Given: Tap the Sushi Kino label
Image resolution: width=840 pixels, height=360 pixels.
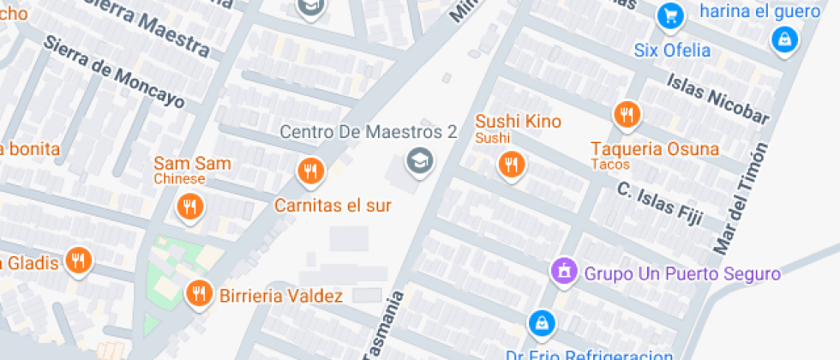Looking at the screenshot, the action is point(518,121).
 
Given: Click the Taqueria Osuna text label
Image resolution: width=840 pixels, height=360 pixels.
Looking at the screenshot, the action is point(655,148).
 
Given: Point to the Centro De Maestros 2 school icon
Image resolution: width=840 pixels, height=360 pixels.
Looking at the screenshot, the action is point(419,159).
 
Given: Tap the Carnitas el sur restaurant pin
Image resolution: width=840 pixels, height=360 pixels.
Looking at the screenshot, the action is point(310,171).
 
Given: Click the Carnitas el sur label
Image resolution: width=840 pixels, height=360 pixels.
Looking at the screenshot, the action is point(333,206).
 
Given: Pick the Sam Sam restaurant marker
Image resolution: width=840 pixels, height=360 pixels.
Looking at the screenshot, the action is point(189,207).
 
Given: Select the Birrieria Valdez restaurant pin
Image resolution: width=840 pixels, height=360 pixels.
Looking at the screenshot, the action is point(199,294).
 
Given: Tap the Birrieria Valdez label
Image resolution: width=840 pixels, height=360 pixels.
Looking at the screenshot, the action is point(281,297).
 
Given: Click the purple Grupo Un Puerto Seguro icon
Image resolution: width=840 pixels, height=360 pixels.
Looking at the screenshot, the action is point(564,271).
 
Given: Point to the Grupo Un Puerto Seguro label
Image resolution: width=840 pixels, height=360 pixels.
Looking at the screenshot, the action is point(682,274).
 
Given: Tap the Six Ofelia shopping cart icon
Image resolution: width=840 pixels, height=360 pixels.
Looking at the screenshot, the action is point(669,15).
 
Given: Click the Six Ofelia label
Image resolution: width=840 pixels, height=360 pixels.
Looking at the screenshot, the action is point(673,49).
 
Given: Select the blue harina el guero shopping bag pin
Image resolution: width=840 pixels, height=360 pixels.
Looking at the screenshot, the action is point(783,39).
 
